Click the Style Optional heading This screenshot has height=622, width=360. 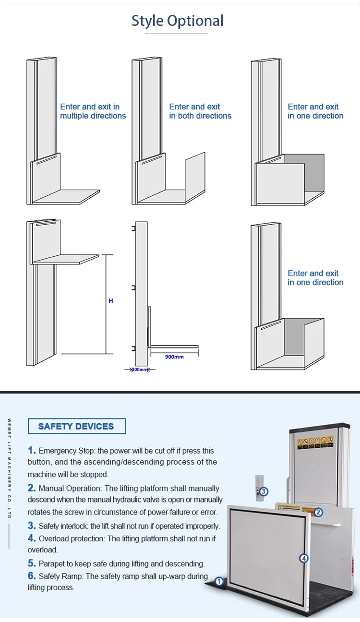pos(178,21)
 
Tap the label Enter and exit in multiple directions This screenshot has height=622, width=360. pos(93,111)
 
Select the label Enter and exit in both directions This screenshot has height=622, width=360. pos(200,111)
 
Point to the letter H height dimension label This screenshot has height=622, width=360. pos(111,301)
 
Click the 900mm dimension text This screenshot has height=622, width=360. pos(174,357)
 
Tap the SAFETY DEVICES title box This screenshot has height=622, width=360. pos(76,426)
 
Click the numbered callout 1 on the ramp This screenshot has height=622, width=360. pos(219,582)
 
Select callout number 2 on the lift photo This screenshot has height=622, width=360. pos(318,512)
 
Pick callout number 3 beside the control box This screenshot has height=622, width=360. pos(264,491)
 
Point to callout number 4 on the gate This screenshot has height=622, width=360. pos(303,558)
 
